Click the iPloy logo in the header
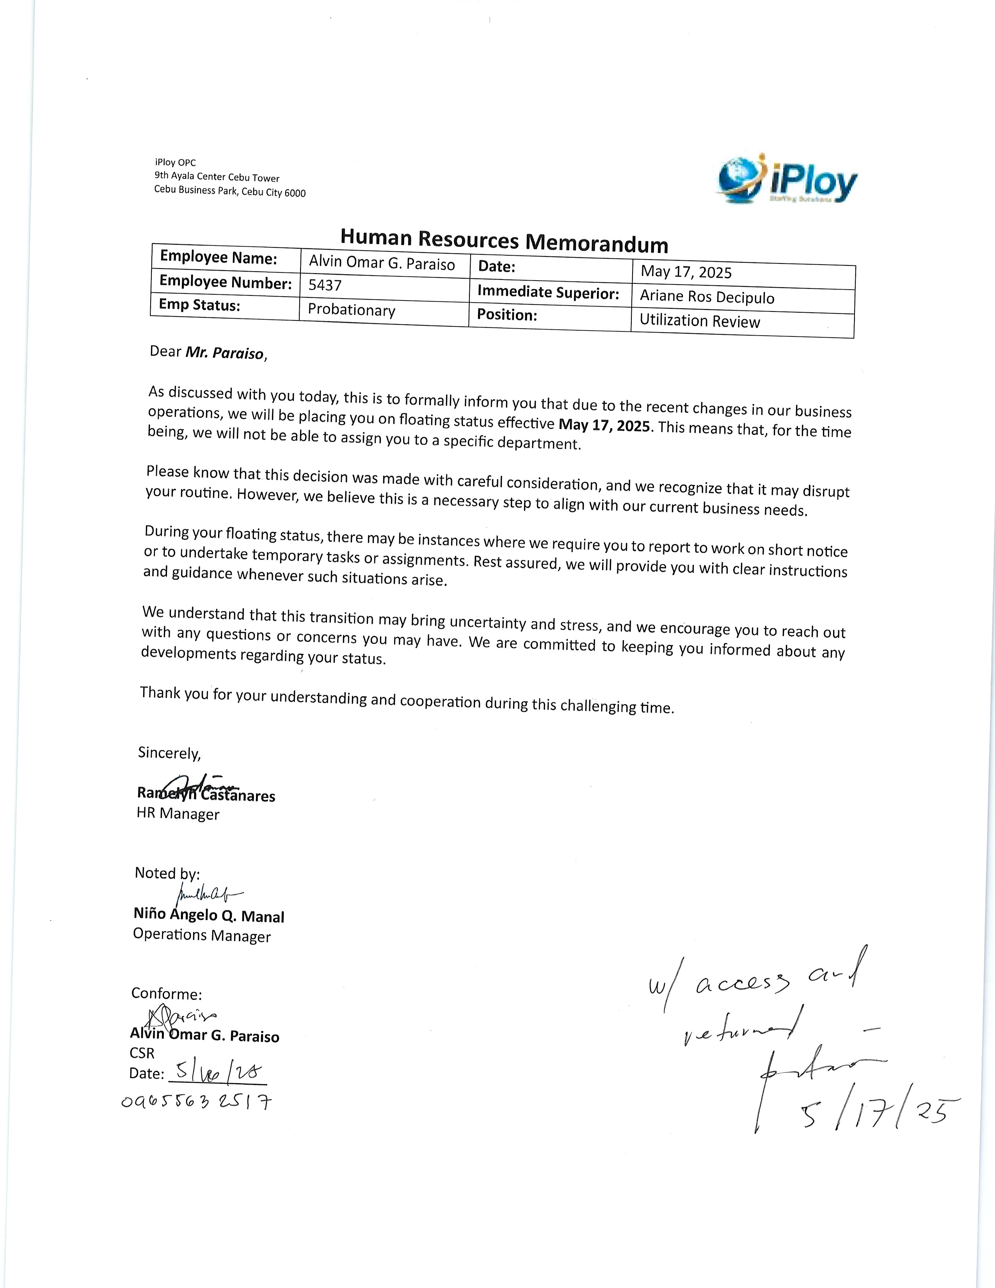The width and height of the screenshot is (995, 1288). tap(787, 180)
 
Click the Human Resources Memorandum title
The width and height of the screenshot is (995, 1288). tap(504, 240)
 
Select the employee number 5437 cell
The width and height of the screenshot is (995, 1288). tap(325, 285)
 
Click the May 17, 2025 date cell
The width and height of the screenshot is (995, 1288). tap(686, 272)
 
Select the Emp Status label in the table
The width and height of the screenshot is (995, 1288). tap(199, 306)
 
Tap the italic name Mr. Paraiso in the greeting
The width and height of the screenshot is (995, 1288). tap(225, 353)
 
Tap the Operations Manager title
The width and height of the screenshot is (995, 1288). tap(202, 936)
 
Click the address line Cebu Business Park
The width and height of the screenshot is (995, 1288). tap(230, 191)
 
